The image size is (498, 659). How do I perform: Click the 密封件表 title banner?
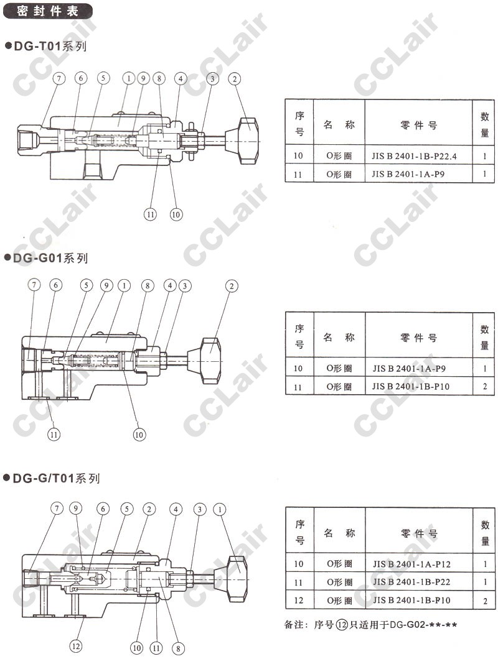[47, 11]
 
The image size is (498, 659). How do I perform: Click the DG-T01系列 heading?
[46, 46]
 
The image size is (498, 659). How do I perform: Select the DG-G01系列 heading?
[46, 257]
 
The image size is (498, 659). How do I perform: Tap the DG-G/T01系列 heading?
[52, 478]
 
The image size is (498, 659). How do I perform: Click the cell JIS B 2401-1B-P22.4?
[414, 156]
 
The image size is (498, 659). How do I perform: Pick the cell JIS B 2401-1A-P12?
[411, 564]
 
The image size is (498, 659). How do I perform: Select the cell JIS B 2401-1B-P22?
[411, 582]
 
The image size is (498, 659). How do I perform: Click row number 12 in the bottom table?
[298, 600]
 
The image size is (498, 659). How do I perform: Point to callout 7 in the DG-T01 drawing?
[59, 78]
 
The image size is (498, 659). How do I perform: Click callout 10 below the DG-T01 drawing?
[176, 214]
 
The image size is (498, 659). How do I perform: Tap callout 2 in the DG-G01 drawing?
[232, 286]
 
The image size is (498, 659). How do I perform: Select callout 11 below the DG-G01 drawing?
[54, 434]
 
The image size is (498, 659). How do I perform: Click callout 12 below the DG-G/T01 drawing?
[76, 646]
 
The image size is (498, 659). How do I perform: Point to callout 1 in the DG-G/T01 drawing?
[219, 509]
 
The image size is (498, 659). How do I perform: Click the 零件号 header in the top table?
[418, 125]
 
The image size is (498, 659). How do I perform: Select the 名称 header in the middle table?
[339, 337]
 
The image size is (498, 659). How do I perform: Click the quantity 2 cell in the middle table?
[484, 386]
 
